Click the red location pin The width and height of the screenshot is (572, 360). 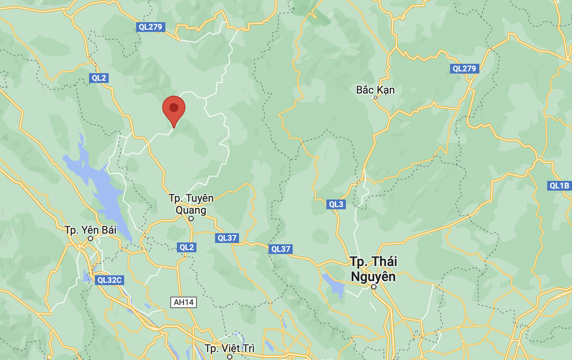tap(173, 109)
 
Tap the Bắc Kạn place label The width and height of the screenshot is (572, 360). tap(375, 90)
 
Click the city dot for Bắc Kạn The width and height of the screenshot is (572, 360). tap(375, 98)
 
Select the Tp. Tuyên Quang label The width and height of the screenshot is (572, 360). tap(191, 204)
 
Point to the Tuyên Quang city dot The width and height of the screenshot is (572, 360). tap(191, 219)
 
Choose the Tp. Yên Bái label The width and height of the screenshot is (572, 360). tap(90, 230)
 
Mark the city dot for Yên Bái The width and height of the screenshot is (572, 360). tap(90, 239)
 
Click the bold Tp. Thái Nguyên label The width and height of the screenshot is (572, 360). tap(373, 269)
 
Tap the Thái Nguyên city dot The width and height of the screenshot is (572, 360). tap(374, 287)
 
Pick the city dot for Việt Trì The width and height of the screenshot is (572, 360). tap(230, 356)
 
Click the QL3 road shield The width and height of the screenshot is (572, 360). tap(336, 204)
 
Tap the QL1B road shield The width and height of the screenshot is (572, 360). tap(559, 186)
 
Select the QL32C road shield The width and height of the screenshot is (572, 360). tap(109, 280)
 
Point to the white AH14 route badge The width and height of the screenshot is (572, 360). tap(184, 302)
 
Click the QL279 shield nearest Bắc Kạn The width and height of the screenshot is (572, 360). tap(464, 69)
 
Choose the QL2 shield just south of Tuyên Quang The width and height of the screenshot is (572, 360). tap(186, 247)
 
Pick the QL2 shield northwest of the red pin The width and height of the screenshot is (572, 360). tap(98, 78)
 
